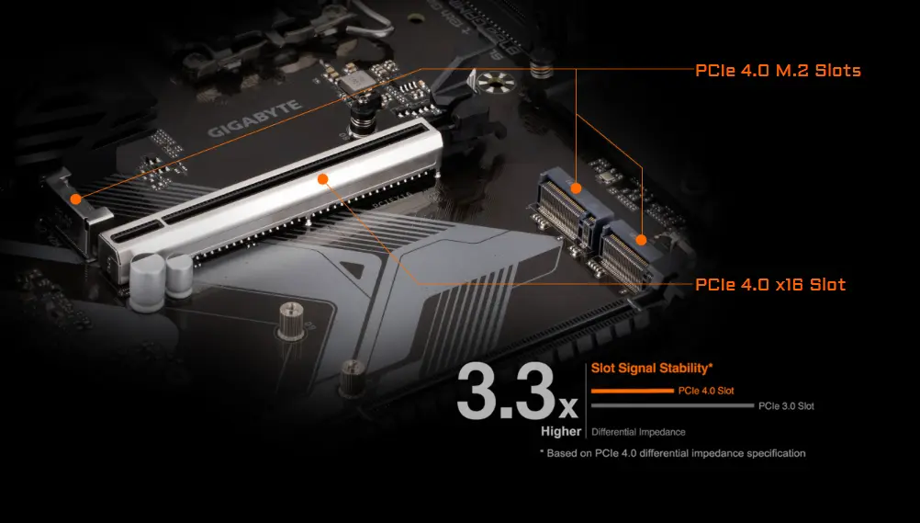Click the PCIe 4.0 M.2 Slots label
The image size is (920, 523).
tap(778, 71)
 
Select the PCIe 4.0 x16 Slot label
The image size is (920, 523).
tap(770, 284)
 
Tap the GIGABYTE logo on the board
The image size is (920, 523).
tap(255, 119)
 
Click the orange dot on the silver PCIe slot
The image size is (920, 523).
tap(322, 178)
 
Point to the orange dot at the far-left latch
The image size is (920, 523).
tap(75, 199)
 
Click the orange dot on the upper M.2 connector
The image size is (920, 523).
tap(577, 188)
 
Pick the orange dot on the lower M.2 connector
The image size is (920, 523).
tap(641, 240)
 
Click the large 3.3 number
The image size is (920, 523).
tap(505, 392)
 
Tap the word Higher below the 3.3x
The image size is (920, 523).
tap(561, 431)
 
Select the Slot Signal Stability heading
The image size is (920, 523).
tap(652, 369)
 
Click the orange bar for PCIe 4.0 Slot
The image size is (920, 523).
tap(633, 391)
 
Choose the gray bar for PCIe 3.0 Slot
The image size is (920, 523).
tap(672, 405)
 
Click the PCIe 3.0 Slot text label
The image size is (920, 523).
tap(786, 406)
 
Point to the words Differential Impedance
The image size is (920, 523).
tap(638, 432)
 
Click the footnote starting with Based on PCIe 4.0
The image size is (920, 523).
tap(672, 453)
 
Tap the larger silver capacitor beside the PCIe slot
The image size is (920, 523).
tap(146, 281)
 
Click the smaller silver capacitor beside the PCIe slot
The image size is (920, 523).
tap(179, 275)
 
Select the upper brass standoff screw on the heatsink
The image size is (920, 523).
tap(292, 320)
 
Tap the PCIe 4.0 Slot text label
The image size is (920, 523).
tap(706, 391)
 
